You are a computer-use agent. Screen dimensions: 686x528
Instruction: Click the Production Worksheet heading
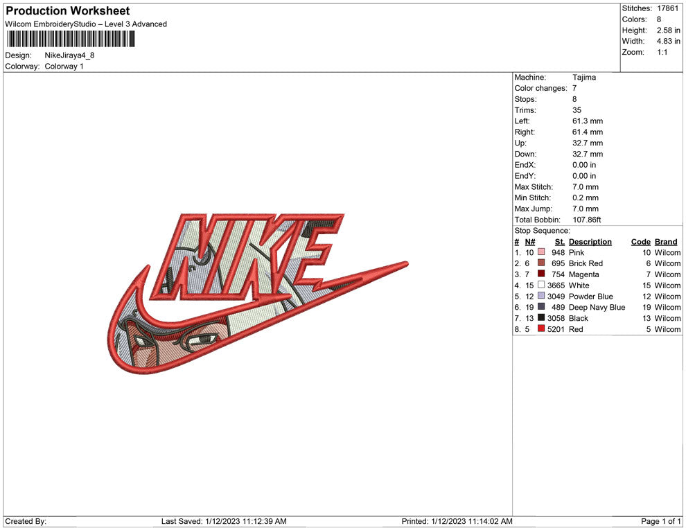(x=68, y=11)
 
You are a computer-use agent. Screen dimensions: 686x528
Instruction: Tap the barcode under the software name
(x=71, y=39)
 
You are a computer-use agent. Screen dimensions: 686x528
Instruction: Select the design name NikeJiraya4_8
(x=69, y=55)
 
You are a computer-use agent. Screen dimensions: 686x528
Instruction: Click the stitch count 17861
(x=667, y=8)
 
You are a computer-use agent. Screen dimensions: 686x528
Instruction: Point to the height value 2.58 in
(x=668, y=30)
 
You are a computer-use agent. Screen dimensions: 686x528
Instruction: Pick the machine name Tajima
(x=584, y=78)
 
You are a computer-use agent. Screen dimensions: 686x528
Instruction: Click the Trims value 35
(x=577, y=110)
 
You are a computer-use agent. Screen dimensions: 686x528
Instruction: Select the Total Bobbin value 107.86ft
(x=587, y=220)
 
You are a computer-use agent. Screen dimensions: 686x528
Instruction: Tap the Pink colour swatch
(x=541, y=252)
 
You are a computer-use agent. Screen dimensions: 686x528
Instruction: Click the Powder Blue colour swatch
(x=541, y=296)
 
